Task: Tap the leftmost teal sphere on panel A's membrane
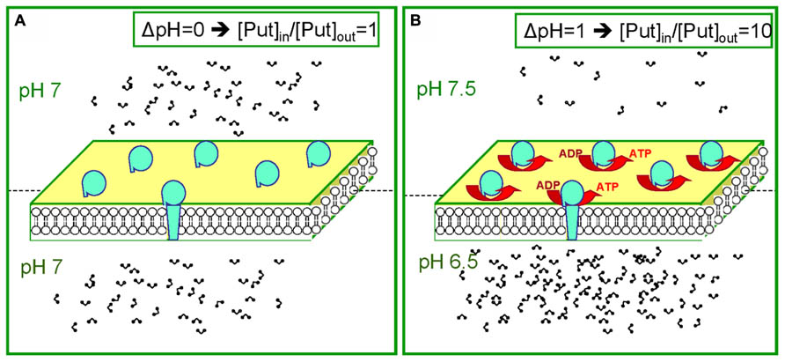tap(94, 183)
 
